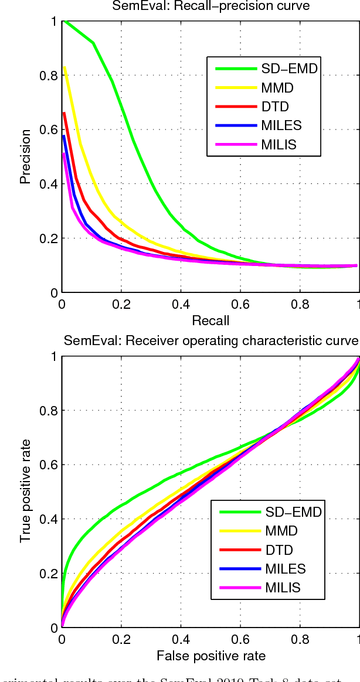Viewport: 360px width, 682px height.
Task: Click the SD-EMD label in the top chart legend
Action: click(289, 69)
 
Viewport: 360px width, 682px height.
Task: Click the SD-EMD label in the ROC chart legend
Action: click(294, 512)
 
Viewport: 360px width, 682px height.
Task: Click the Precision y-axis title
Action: click(25, 156)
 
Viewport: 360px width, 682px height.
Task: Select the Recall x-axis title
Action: click(210, 320)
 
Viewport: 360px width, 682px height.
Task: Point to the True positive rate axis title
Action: click(25, 492)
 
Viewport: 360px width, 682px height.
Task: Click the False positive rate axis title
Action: click(210, 655)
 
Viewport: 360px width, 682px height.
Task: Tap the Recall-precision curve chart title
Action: click(210, 6)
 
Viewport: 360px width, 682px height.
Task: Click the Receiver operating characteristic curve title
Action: click(210, 341)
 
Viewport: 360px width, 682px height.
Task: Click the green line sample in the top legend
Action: click(236, 69)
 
